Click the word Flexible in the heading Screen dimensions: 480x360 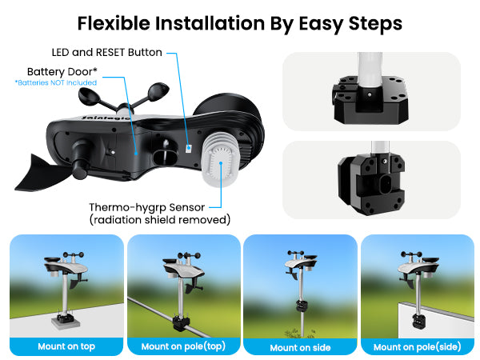tap(114, 23)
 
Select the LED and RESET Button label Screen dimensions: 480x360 tap(107, 52)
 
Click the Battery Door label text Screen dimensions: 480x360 tap(62, 72)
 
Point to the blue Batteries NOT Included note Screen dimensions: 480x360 tap(56, 82)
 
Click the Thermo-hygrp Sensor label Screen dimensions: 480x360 tap(147, 208)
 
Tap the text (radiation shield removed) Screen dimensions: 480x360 tap(160, 220)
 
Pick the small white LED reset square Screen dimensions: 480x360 tap(189, 149)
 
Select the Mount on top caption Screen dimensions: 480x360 tap(66, 346)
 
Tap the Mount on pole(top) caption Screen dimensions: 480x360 tap(183, 346)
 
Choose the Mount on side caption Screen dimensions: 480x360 tap(300, 348)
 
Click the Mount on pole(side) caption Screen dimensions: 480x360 tap(418, 347)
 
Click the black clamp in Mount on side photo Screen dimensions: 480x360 tap(302, 306)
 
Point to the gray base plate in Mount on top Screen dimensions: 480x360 tap(66, 323)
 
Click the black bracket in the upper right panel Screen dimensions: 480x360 tap(370, 101)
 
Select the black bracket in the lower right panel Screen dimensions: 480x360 tap(371, 184)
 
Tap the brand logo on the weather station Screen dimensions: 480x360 tap(106, 118)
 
